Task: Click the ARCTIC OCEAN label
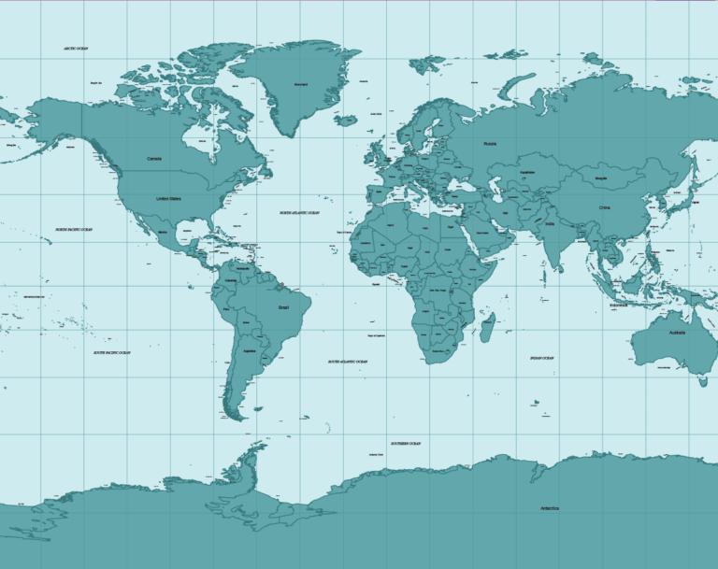pyautogui.click(x=75, y=48)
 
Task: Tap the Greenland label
pyautogui.click(x=301, y=85)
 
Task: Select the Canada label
pyautogui.click(x=154, y=159)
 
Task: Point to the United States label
pyautogui.click(x=168, y=199)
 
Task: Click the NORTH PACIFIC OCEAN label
pyautogui.click(x=74, y=229)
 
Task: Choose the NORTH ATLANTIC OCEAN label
pyautogui.click(x=299, y=213)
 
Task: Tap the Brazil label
pyautogui.click(x=284, y=306)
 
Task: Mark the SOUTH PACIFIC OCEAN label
pyautogui.click(x=112, y=353)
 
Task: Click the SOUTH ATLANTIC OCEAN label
pyautogui.click(x=347, y=362)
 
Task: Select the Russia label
pyautogui.click(x=490, y=144)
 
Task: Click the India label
pyautogui.click(x=550, y=224)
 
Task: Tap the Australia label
pyautogui.click(x=676, y=333)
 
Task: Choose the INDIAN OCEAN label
pyautogui.click(x=541, y=358)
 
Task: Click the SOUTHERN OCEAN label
pyautogui.click(x=405, y=443)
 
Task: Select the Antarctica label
pyautogui.click(x=549, y=508)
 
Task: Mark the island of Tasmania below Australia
pyautogui.click(x=703, y=380)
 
